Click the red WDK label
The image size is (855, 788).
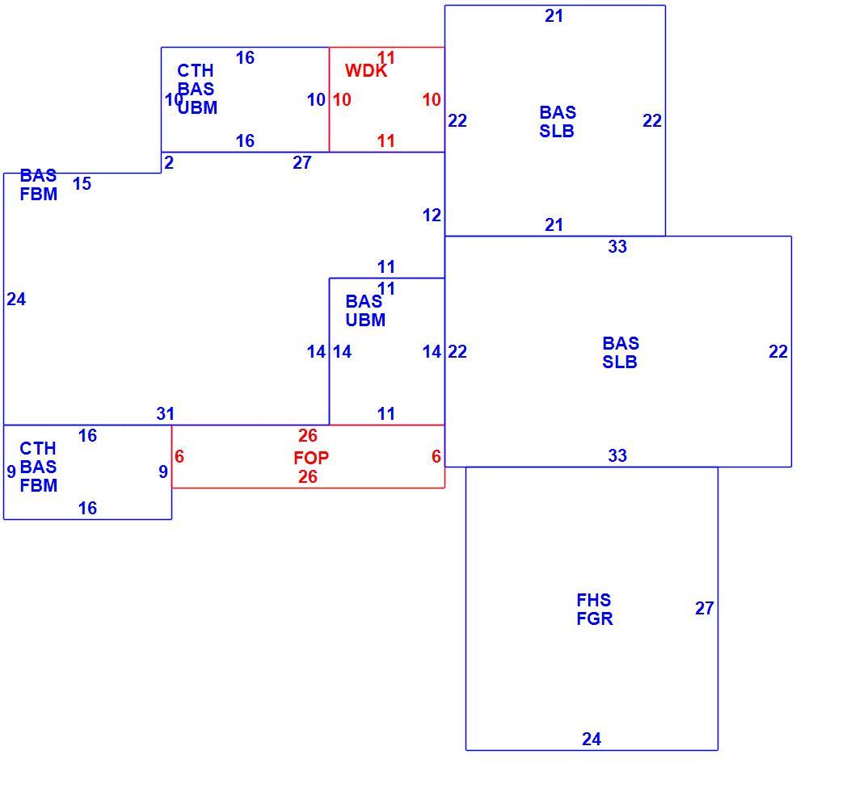coord(366,71)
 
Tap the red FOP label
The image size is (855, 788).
coord(311,458)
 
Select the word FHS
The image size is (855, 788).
coord(593,600)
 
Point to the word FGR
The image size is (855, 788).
coord(594,618)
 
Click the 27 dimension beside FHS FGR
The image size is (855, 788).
coord(704,608)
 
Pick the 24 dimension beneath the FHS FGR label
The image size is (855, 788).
coord(591,739)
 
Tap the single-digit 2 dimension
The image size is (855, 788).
coord(168,162)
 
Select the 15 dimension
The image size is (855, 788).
coord(82,183)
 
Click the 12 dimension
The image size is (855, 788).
coord(432,216)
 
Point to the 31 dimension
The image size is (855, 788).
coord(165,413)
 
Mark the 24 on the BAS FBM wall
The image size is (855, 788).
coord(16,300)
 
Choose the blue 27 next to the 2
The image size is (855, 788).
coord(301,162)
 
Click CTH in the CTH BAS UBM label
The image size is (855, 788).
coord(196,71)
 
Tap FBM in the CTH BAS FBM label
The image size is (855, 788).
coord(38,485)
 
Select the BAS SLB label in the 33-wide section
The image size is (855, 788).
coord(620,353)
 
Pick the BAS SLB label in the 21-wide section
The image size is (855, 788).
coord(558,122)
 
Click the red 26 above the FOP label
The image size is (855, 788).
coord(308,435)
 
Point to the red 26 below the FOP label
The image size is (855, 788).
coord(308,477)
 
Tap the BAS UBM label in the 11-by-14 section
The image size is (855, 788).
coord(365,311)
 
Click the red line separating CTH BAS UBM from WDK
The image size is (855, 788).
coord(330,100)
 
